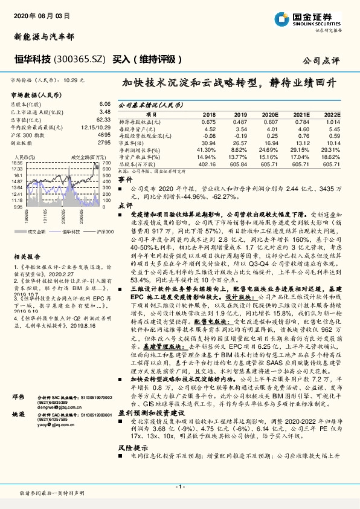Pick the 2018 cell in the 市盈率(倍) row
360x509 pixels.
pyautogui.click(x=209, y=142)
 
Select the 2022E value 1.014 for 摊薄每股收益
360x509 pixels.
pyautogui.click(x=332, y=120)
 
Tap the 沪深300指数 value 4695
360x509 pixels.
pyautogui.click(x=103, y=135)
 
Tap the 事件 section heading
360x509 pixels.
pyautogui.click(x=124, y=180)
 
